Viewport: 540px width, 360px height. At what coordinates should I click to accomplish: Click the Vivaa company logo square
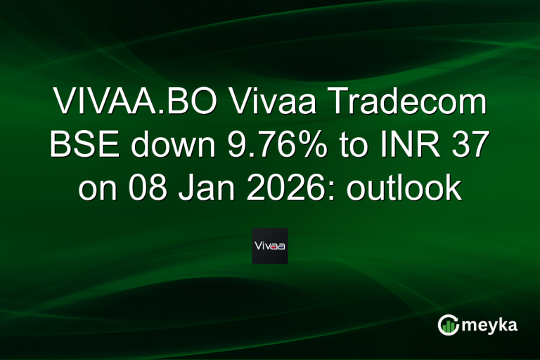270,246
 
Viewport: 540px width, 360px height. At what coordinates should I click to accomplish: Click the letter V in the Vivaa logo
259,246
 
